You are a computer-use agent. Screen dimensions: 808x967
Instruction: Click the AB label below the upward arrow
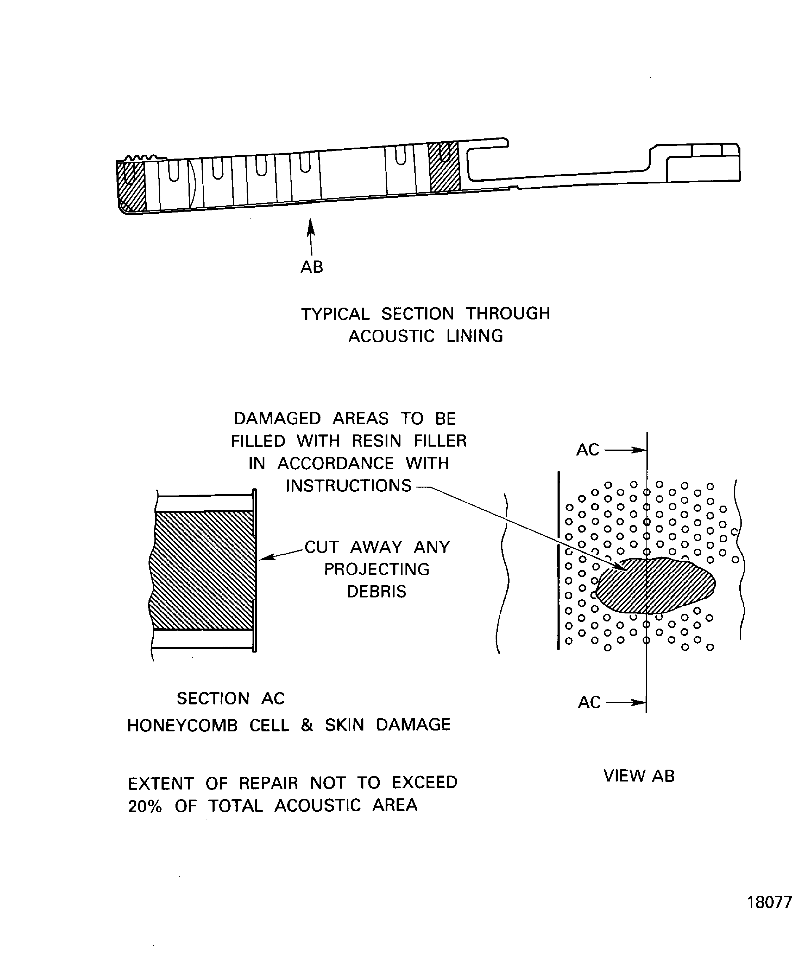[312, 267]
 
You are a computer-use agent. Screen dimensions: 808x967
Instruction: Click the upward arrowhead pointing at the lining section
[311, 226]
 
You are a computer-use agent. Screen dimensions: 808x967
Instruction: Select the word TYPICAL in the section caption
[335, 314]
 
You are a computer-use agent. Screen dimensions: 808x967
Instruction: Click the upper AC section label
[588, 450]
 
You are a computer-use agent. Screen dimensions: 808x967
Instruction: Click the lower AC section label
[589, 702]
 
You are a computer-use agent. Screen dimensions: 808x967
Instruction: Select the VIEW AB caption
[639, 776]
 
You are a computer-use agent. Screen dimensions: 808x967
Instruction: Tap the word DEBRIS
[376, 592]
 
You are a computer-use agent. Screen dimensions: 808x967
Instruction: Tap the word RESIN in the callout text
[376, 441]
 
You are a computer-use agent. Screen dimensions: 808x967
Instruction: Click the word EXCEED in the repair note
[424, 783]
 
